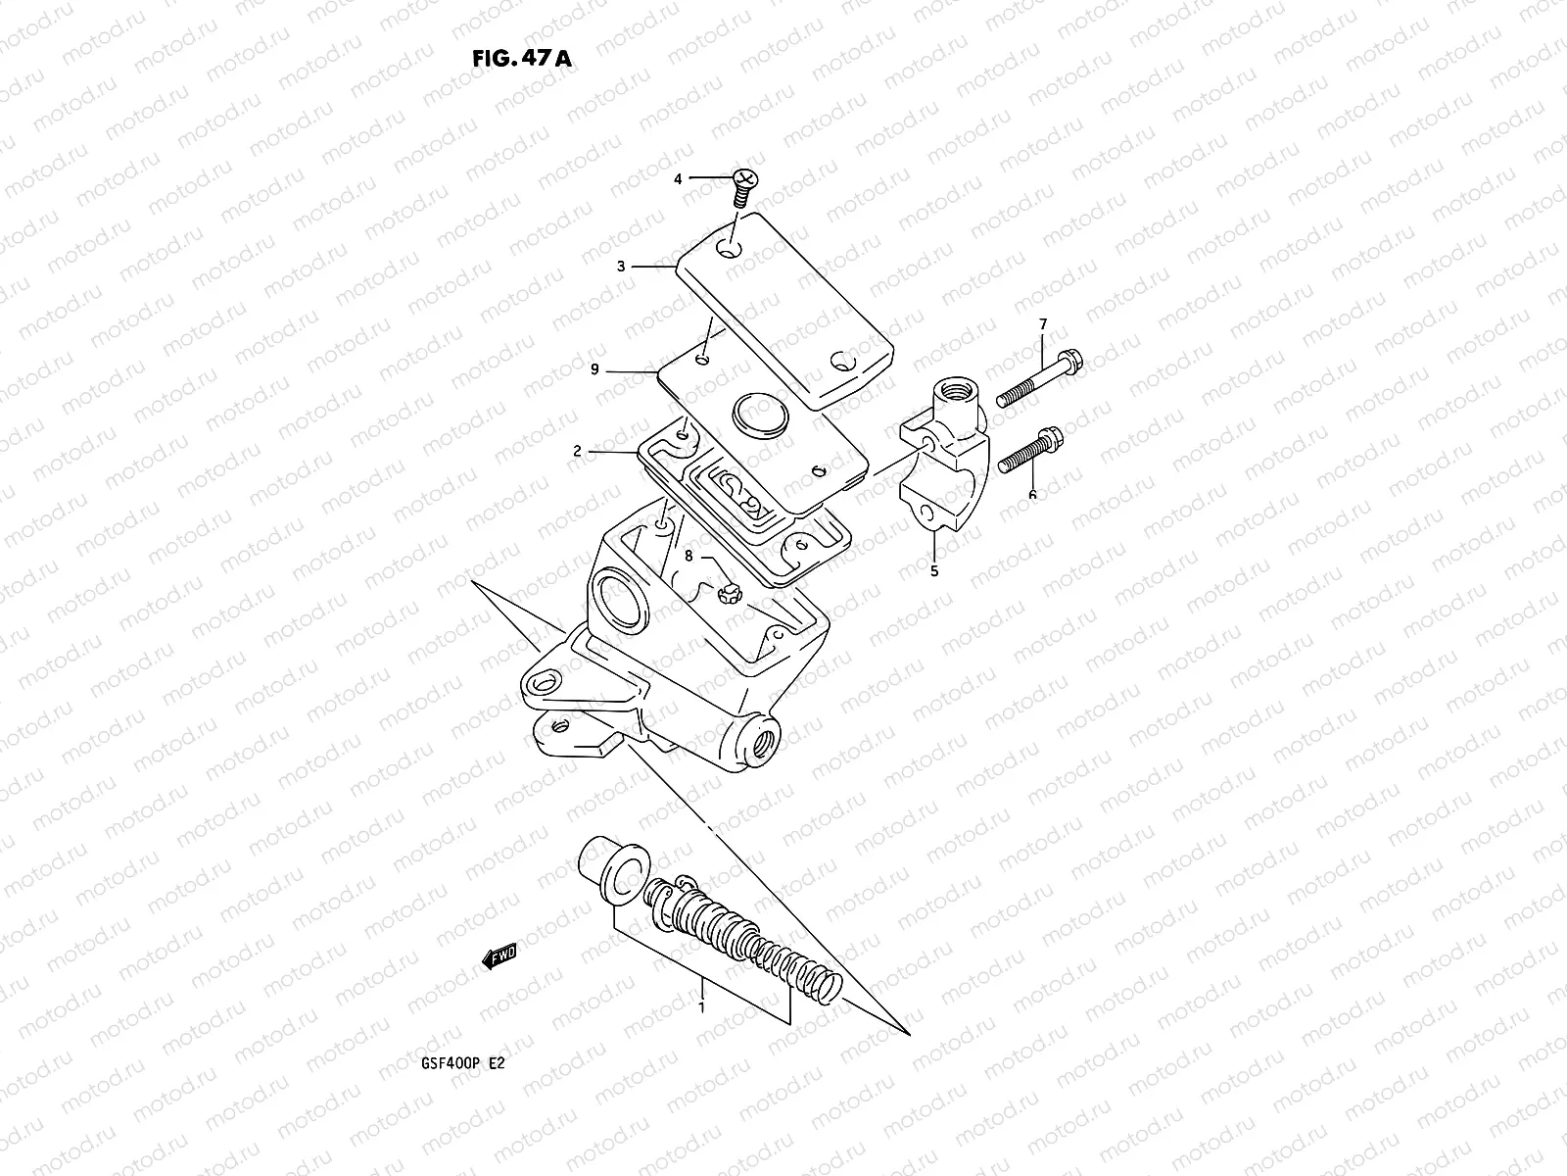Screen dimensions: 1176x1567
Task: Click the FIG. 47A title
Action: coord(520,57)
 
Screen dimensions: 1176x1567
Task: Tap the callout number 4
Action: coord(704,179)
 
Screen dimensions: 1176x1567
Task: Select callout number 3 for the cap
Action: coord(621,266)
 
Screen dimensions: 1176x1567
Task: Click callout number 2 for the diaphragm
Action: coord(578,452)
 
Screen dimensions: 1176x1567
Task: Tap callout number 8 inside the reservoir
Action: coord(689,557)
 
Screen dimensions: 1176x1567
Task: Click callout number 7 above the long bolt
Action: coord(1043,324)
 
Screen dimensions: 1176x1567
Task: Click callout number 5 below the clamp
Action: coord(933,570)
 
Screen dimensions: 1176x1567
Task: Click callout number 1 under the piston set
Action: coord(701,1006)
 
